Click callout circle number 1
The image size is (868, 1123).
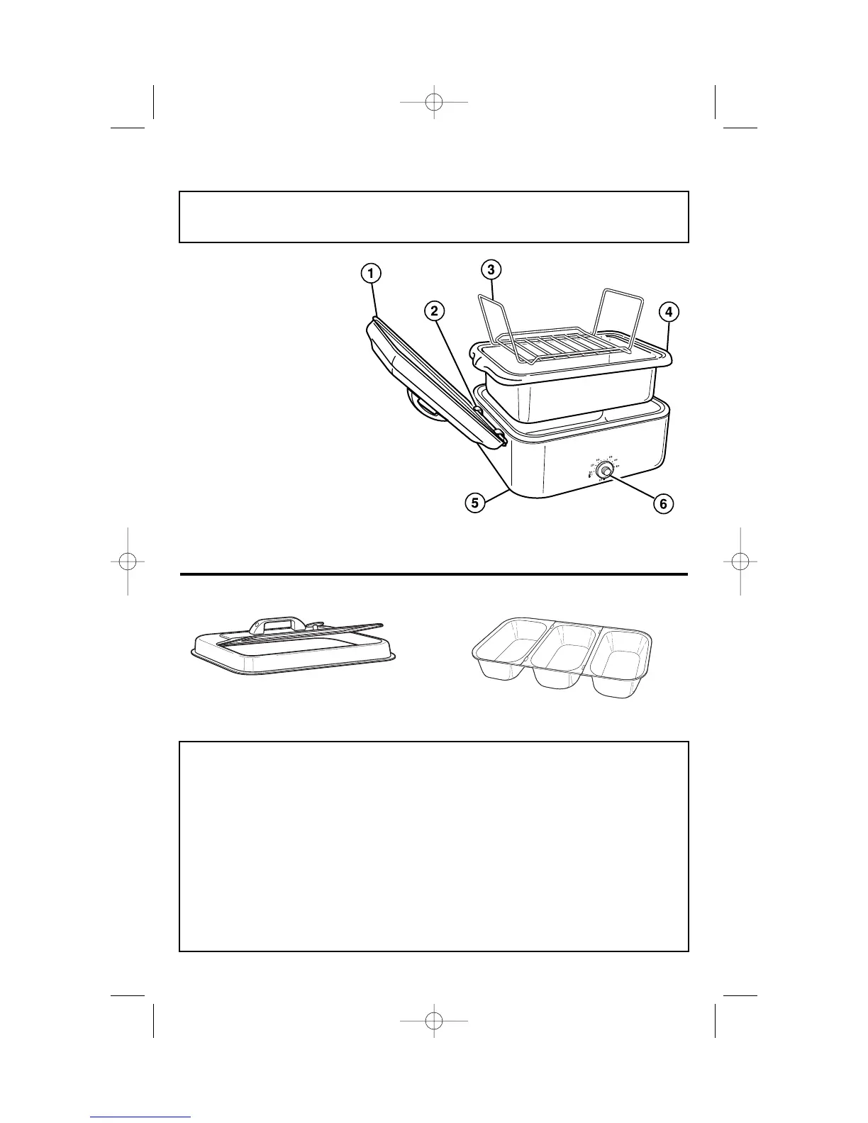[x=370, y=273]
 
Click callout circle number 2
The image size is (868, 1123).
[x=435, y=311]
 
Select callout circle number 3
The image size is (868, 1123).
[x=491, y=269]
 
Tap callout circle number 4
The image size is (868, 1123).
[x=667, y=311]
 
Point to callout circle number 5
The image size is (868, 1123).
[x=474, y=503]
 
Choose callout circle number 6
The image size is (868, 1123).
[x=662, y=503]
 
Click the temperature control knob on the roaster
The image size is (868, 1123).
[x=606, y=471]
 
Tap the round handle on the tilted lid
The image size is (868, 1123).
[x=423, y=410]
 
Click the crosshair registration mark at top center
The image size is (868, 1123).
[x=434, y=102]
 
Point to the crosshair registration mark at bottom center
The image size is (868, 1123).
[x=434, y=1021]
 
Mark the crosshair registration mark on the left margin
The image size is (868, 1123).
[x=128, y=561]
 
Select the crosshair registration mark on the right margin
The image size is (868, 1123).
[x=740, y=561]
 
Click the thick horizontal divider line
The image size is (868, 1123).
[x=434, y=574]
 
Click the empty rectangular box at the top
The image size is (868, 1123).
[x=434, y=217]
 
